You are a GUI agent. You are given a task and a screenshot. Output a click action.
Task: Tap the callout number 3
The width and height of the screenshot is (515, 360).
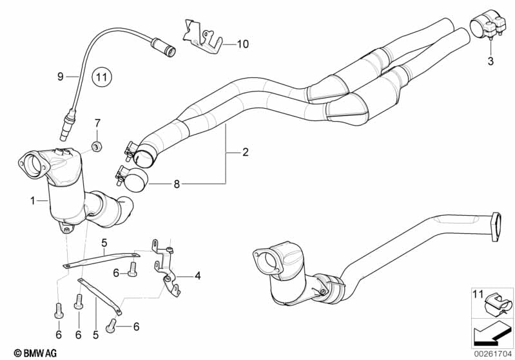(490, 62)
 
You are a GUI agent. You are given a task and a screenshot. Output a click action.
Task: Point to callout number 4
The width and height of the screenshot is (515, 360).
(197, 276)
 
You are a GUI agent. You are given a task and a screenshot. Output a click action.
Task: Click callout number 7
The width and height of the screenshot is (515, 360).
(98, 122)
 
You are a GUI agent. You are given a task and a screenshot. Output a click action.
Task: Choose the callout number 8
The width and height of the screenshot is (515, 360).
(177, 184)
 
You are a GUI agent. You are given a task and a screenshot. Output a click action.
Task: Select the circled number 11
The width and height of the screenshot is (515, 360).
(101, 79)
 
